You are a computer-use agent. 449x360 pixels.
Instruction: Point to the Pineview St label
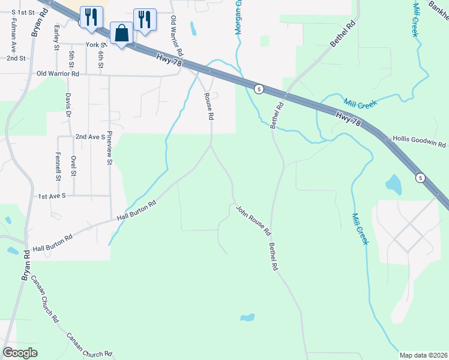tap(110, 149)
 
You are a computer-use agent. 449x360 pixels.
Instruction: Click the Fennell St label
tap(58, 166)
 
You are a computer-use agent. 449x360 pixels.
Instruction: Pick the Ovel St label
tap(73, 166)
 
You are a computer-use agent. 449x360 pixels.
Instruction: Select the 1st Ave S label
tap(55, 196)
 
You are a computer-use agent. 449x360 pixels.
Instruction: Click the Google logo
tap(20, 353)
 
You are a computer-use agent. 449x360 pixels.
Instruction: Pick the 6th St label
tap(101, 59)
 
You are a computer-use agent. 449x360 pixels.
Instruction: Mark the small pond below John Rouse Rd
tap(247, 317)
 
